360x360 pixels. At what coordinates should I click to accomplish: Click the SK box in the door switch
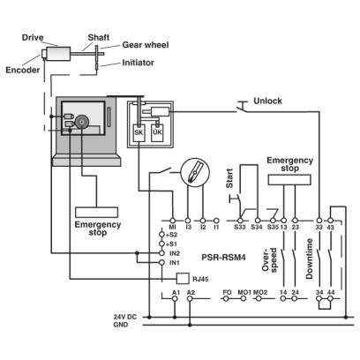tap(139, 133)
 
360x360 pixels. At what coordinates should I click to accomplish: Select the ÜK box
tap(157, 133)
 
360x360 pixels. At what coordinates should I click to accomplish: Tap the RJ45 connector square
tap(183, 278)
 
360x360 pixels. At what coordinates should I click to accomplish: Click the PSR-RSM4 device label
tap(223, 258)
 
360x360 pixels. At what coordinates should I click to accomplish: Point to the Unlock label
tap(267, 101)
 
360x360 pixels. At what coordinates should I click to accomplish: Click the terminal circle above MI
tap(173, 221)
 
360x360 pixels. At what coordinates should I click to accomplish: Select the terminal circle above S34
tap(258, 221)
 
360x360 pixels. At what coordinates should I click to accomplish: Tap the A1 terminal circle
tap(175, 299)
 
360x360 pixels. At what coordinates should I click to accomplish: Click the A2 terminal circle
tap(190, 299)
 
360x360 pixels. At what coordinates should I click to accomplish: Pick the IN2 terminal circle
tap(161, 253)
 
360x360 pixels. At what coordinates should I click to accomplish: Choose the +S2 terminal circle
tap(161, 235)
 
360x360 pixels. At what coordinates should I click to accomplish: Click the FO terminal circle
tap(226, 299)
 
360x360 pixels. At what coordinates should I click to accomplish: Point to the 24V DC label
tap(125, 317)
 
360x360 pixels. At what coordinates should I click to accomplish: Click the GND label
tap(121, 325)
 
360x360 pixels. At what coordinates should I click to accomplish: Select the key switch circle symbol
tap(195, 172)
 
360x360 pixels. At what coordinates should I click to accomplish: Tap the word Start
tap(229, 178)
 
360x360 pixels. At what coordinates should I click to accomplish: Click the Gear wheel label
tap(146, 45)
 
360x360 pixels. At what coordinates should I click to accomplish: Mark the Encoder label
tap(23, 70)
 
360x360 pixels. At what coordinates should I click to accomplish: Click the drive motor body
tap(58, 54)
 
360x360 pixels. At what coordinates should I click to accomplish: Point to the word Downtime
tap(310, 259)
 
